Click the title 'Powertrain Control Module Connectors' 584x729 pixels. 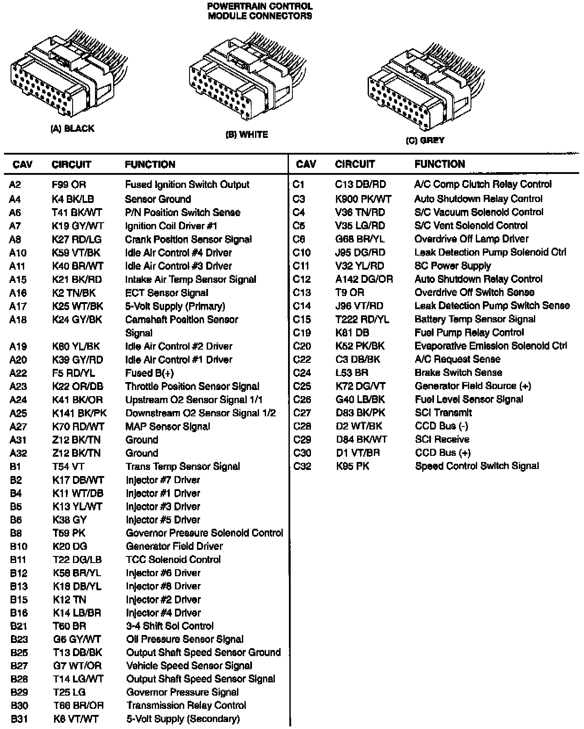(x=259, y=11)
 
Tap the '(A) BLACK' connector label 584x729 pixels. (x=73, y=129)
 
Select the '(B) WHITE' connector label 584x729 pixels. (x=247, y=135)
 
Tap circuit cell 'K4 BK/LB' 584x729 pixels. (x=73, y=199)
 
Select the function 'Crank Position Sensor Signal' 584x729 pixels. (x=188, y=240)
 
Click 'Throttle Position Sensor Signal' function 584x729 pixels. (x=192, y=386)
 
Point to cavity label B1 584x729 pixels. (x=15, y=466)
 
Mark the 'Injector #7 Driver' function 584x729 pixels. (x=163, y=480)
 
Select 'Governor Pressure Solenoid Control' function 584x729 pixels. (x=204, y=533)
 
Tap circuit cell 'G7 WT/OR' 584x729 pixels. (x=77, y=666)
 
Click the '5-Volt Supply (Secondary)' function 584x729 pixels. (x=183, y=719)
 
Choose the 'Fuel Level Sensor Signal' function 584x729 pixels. (x=469, y=400)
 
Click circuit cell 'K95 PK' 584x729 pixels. (x=353, y=466)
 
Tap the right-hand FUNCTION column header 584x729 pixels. (x=439, y=164)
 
